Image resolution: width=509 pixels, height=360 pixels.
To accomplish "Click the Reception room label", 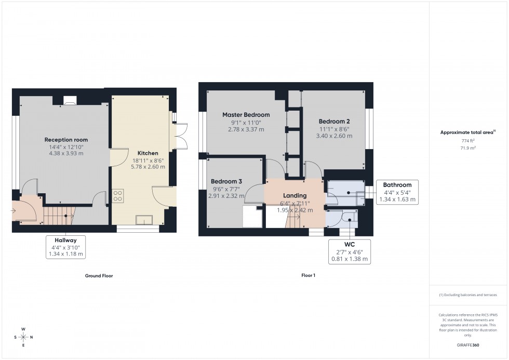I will [x=66, y=140].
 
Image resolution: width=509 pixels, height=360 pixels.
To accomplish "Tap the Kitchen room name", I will [x=148, y=153].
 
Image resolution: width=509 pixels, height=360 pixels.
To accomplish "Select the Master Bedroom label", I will [x=246, y=115].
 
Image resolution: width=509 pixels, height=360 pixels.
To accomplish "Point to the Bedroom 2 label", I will [x=334, y=121].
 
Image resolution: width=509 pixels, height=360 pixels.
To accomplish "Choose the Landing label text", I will [x=294, y=196].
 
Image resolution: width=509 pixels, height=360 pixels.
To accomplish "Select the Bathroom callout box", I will [x=397, y=192].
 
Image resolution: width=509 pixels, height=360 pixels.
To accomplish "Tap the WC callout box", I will [x=350, y=251].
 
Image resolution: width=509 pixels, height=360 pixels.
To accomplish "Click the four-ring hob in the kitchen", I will [x=118, y=196].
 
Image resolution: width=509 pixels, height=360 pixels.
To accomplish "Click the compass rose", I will [x=23, y=337].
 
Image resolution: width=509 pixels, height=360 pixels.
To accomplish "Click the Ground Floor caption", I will [x=99, y=276].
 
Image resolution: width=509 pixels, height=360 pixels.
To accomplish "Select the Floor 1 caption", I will [x=308, y=275].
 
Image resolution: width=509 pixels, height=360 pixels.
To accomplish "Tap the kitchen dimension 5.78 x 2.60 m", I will [x=148, y=167].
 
